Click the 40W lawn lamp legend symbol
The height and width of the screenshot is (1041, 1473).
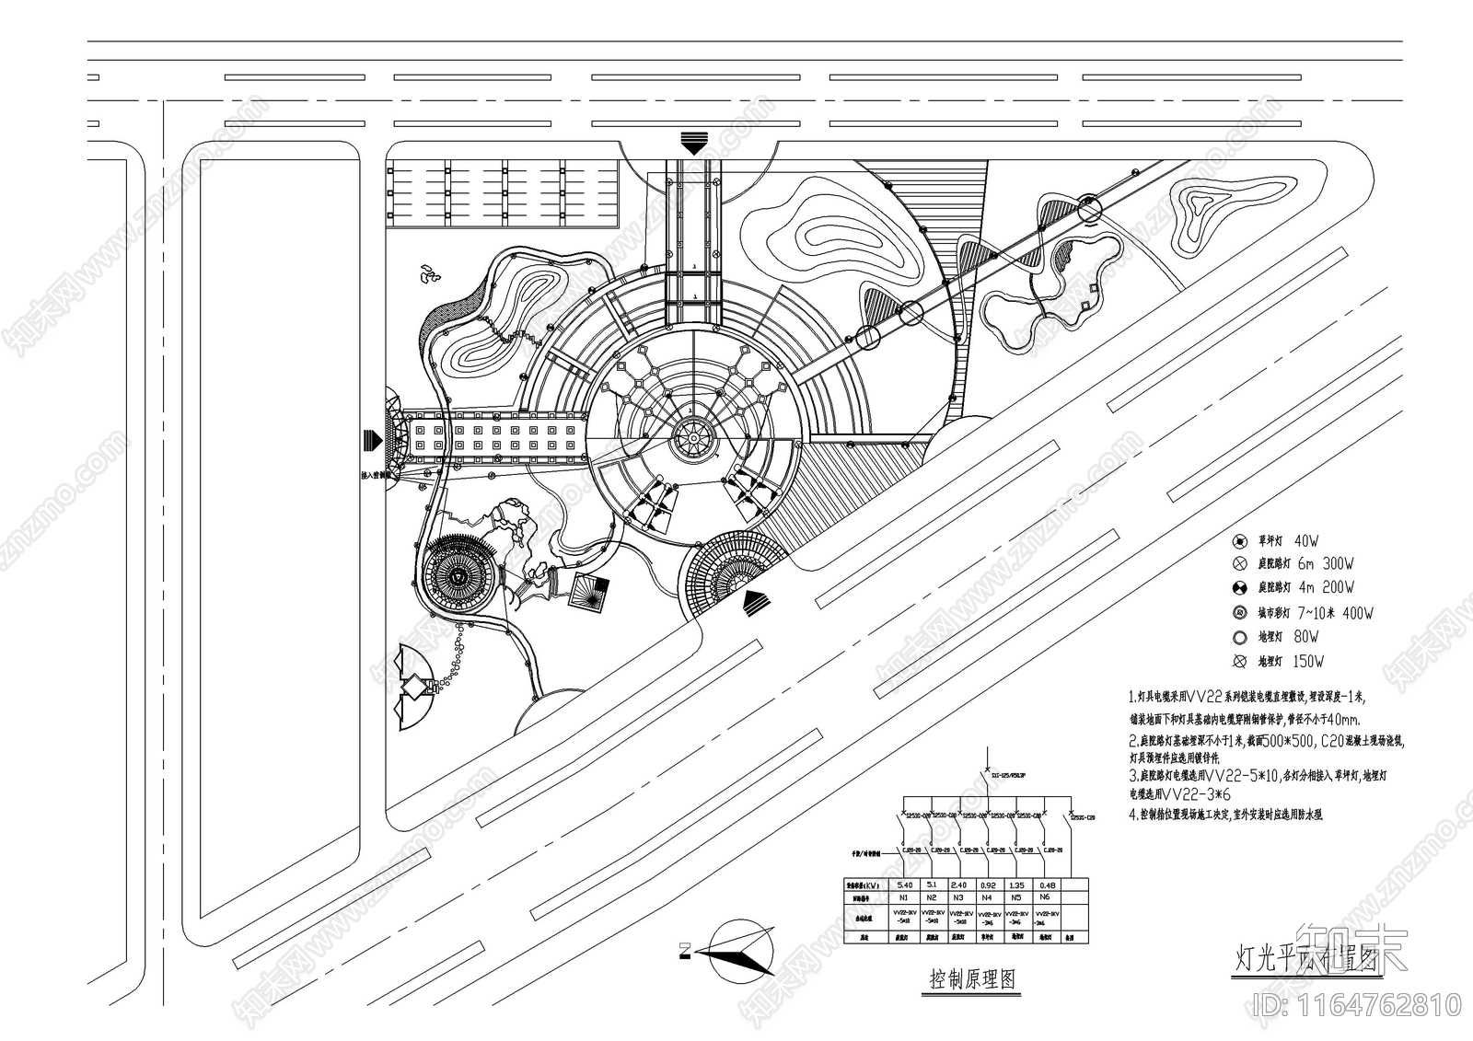1240,540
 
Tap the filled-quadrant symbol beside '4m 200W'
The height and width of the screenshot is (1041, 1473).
1240,587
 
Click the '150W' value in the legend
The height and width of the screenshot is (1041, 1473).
1308,661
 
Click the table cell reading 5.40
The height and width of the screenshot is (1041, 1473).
903,885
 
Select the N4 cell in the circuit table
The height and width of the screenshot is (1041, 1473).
987,896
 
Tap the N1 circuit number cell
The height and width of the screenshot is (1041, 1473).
903,896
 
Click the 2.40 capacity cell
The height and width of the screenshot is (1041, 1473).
958,885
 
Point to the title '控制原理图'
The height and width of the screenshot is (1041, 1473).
972,979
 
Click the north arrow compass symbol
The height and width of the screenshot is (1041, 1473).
736,951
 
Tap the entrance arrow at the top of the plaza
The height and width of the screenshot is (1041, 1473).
693,144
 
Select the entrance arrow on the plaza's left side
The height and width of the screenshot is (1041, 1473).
373,440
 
